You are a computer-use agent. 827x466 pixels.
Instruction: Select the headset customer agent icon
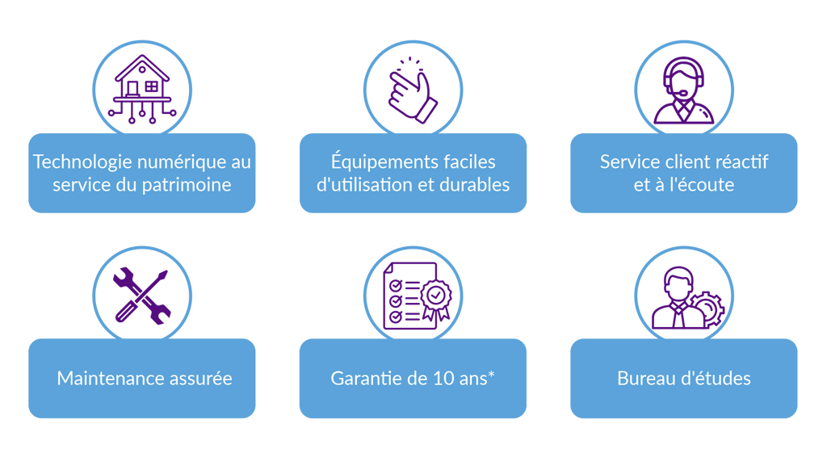pos(684,90)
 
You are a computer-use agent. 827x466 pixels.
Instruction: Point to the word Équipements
pos(378,162)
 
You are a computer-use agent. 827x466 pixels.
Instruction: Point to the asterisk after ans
pos(492,375)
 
